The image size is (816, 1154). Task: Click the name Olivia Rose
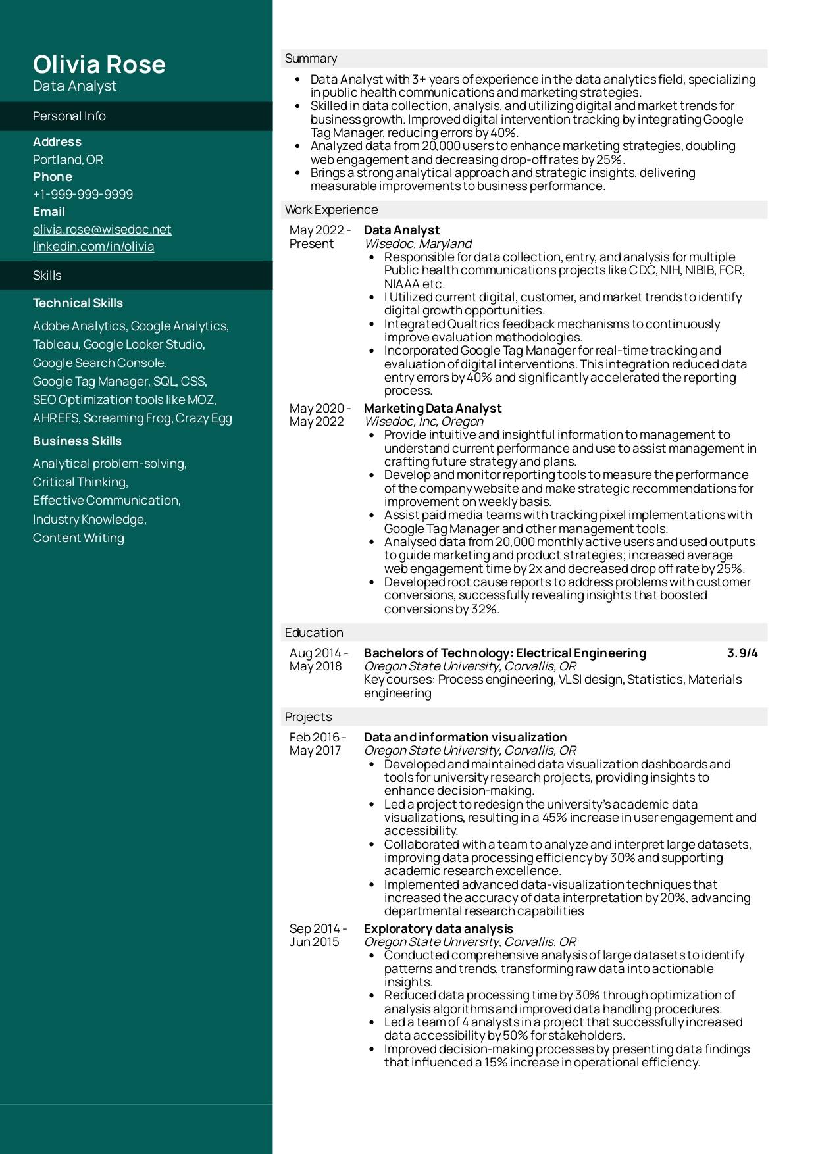[99, 64]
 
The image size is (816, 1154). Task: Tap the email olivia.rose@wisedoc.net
[102, 229]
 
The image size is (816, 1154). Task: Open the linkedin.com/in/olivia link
[93, 247]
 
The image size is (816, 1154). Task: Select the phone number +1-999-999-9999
[83, 194]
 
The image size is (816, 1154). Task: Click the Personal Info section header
[69, 116]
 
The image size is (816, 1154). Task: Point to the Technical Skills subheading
[78, 303]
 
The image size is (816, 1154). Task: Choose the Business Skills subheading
[77, 441]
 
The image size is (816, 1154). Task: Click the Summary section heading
[311, 59]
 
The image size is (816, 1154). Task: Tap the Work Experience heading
[331, 210]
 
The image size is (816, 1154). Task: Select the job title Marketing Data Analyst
[432, 409]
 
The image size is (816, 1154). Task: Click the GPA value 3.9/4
[742, 653]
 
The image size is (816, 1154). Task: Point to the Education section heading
[314, 633]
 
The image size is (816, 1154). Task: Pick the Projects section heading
[308, 717]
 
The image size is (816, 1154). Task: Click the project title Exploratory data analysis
[438, 929]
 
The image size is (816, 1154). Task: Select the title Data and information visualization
[465, 738]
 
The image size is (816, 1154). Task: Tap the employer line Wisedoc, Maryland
[418, 244]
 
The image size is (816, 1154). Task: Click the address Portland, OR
[68, 160]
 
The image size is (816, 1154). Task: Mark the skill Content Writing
[78, 538]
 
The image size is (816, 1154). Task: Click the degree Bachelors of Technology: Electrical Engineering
[505, 653]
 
